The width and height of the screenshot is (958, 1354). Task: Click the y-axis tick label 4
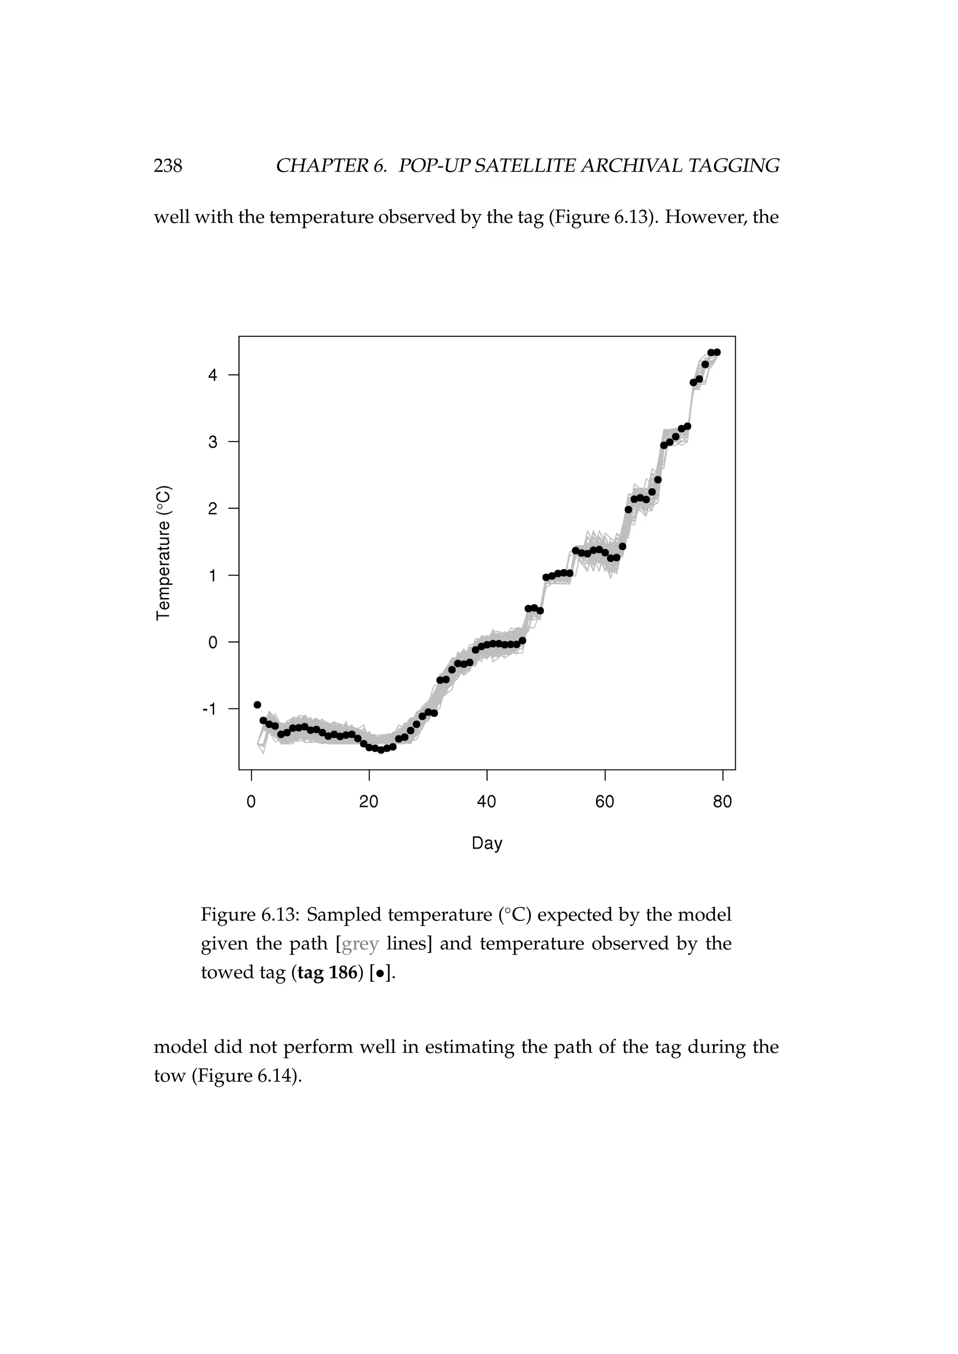coord(213,375)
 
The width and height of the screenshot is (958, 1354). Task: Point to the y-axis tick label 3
coord(213,442)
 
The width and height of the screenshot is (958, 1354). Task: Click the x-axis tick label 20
coord(369,802)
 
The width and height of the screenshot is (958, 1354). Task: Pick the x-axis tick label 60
coord(605,802)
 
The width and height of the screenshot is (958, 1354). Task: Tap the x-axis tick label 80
coord(723,802)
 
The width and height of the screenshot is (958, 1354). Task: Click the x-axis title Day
coord(486,843)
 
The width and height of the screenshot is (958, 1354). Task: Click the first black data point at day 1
coord(257,705)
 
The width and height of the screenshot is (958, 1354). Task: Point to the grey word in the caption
coord(360,944)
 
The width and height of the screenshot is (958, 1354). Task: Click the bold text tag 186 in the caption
coord(327,972)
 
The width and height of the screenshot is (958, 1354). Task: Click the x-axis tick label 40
coord(486,802)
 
